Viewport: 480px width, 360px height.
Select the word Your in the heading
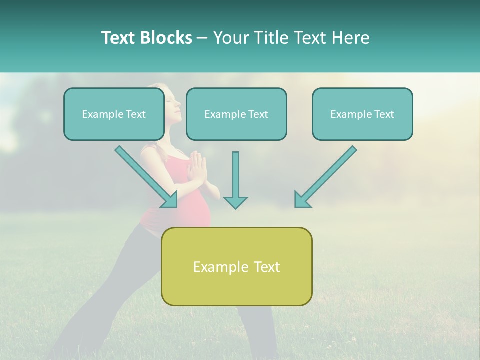231,38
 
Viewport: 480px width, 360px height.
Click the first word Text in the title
119,38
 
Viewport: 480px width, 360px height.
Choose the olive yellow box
236,290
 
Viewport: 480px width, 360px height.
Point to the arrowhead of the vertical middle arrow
235,202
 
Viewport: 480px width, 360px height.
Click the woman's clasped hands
198,167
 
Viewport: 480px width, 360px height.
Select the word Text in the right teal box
384,114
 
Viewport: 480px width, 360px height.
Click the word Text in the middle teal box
258,114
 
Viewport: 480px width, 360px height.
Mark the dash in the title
202,38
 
